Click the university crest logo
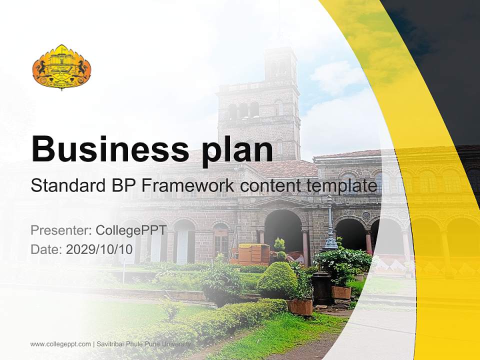(61, 67)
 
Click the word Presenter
(60, 230)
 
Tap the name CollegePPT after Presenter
(131, 230)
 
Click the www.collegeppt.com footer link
(60, 344)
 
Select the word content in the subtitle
(269, 186)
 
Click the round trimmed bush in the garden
(277, 280)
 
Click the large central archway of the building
(283, 230)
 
